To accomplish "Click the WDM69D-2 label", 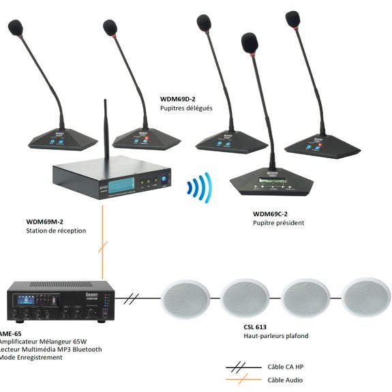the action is (177, 99).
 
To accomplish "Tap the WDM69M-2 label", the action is (44, 222).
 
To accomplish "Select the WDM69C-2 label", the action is (270, 214).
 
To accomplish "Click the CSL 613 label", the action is (255, 327).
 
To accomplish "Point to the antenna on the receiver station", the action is (106, 130).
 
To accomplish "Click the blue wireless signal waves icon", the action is (200, 187).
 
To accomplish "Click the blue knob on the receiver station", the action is (164, 179).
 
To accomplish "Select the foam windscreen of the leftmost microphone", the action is (16, 27).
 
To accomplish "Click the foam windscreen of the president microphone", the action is (250, 43).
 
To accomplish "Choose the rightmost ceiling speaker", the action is (366, 297).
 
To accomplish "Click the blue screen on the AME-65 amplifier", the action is (26, 299).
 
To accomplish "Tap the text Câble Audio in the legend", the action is (285, 380).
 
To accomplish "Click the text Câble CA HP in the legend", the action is (286, 367).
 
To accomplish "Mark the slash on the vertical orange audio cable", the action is (103, 247).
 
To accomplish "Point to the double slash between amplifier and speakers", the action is (131, 299).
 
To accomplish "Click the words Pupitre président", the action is (279, 223).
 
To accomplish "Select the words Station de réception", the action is (56, 230).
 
